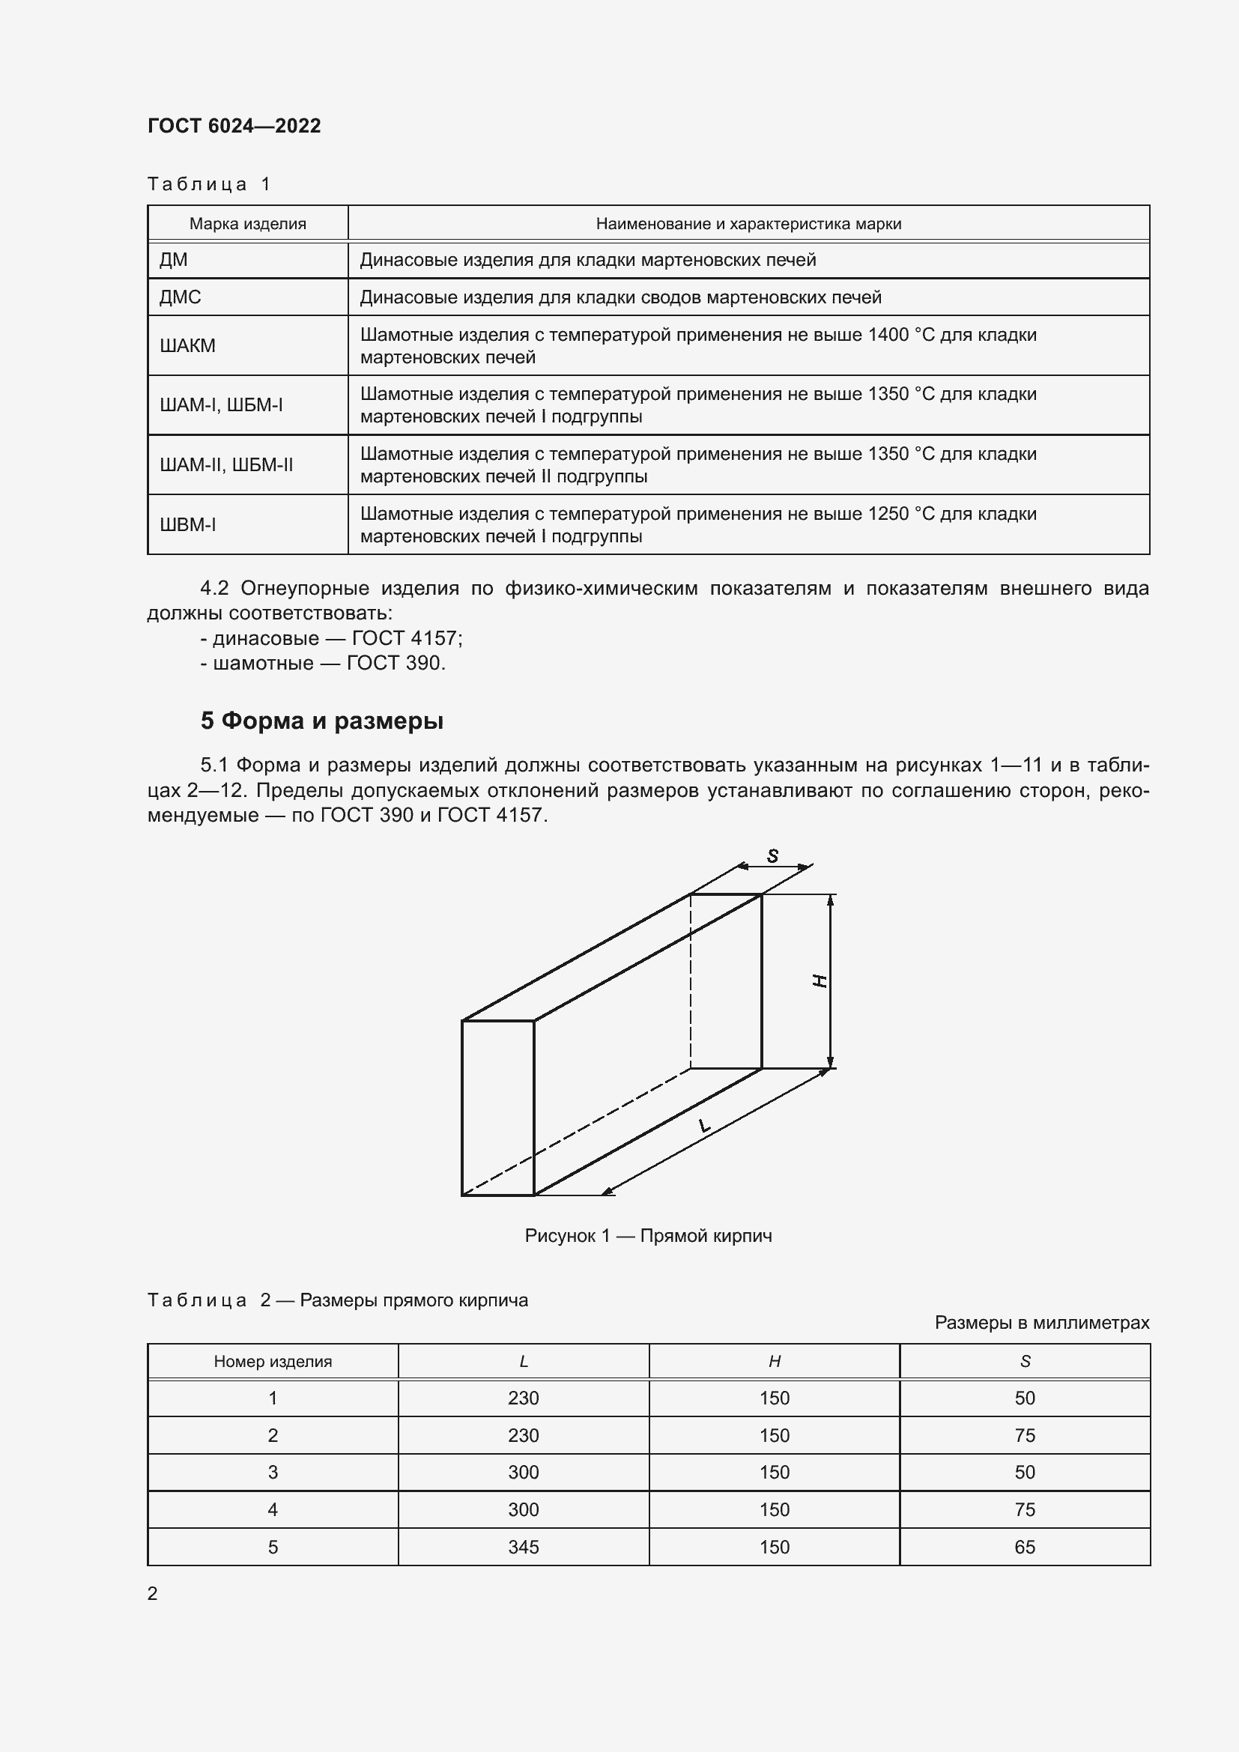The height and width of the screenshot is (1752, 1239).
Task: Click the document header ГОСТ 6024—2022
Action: pos(234,126)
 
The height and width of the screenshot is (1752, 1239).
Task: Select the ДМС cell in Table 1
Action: pos(180,297)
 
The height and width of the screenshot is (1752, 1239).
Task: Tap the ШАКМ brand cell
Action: pos(188,345)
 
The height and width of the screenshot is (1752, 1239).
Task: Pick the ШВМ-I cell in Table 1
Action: pos(188,525)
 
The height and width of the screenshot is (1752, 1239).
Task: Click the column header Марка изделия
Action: pos(247,223)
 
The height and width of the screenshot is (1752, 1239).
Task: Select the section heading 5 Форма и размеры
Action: pos(322,721)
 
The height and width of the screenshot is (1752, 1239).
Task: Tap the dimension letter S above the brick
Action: pos(773,856)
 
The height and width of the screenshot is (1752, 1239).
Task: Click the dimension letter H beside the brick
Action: pos(820,981)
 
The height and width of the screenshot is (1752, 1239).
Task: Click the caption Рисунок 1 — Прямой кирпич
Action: pos(648,1235)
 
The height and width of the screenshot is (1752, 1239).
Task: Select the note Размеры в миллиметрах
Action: pos(1041,1322)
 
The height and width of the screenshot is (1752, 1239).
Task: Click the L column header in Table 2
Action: pos(524,1361)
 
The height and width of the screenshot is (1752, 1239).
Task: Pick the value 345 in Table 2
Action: pos(524,1547)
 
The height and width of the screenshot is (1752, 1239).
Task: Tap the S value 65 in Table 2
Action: pos(1025,1547)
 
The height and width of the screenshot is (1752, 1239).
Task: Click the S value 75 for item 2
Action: pos(1025,1435)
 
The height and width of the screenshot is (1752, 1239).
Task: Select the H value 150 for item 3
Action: pos(775,1472)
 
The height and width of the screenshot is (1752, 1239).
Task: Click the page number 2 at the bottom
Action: pos(153,1593)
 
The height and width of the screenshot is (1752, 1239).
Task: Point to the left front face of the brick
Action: pos(497,1107)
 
